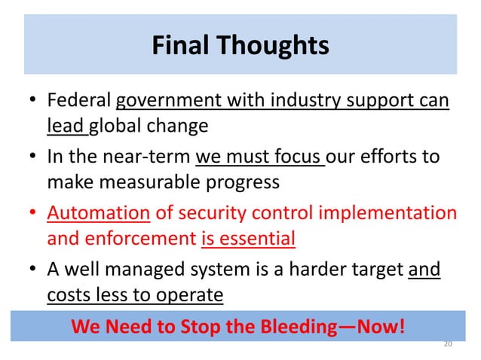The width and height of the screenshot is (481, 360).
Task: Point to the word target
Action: tap(369, 270)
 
